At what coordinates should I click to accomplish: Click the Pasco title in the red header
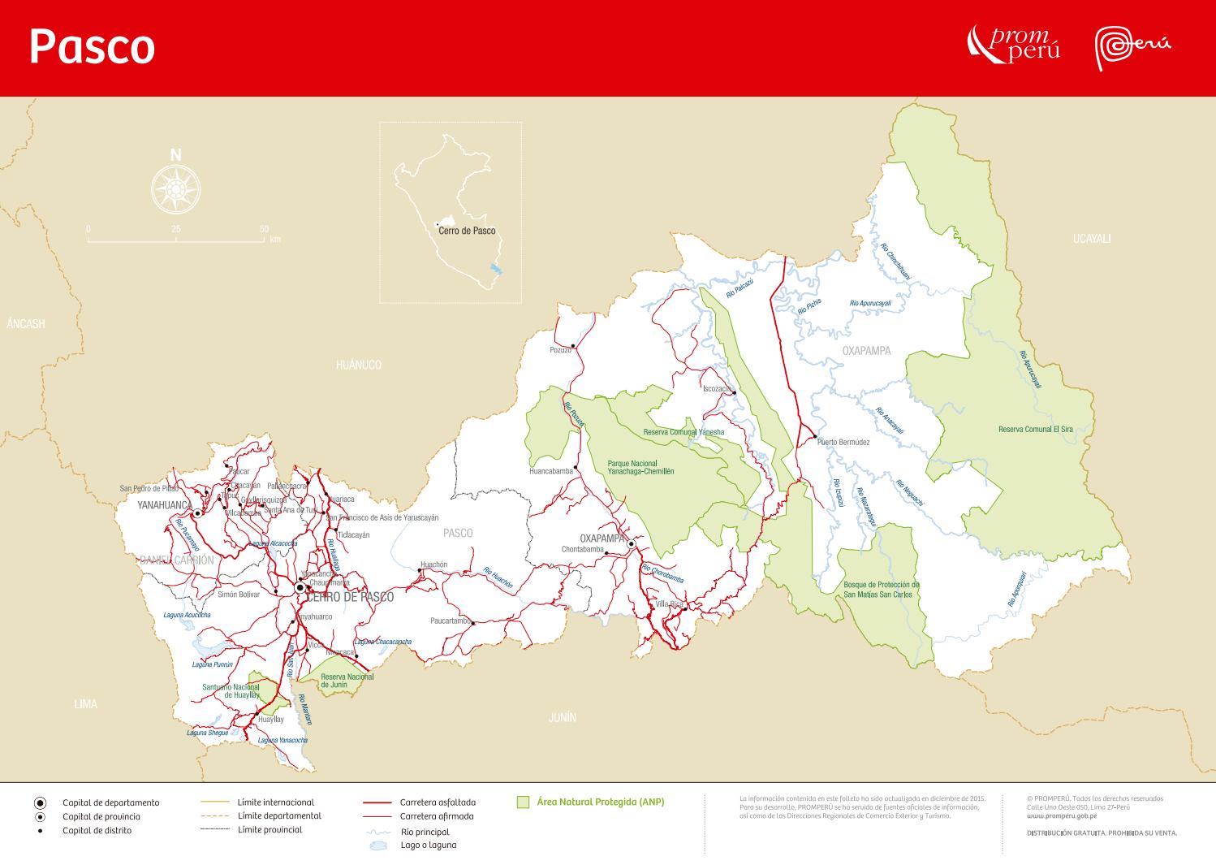coord(92,47)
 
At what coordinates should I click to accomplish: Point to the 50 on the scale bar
coord(264,230)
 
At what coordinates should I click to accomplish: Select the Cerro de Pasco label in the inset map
coord(467,231)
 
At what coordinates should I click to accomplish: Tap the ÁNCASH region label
coord(26,324)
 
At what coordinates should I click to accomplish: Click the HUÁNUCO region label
coord(358,365)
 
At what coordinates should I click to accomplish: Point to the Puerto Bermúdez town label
coord(843,443)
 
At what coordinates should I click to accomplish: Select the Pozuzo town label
coord(560,350)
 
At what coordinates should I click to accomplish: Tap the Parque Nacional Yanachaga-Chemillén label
coord(640,467)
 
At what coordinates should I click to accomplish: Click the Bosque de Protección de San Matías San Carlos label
coord(881,590)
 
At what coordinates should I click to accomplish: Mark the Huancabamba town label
coord(550,471)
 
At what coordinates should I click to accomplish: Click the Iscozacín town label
coord(716,389)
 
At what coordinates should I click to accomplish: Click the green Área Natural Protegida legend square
coord(524,802)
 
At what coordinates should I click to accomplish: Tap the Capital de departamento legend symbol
coord(40,802)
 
